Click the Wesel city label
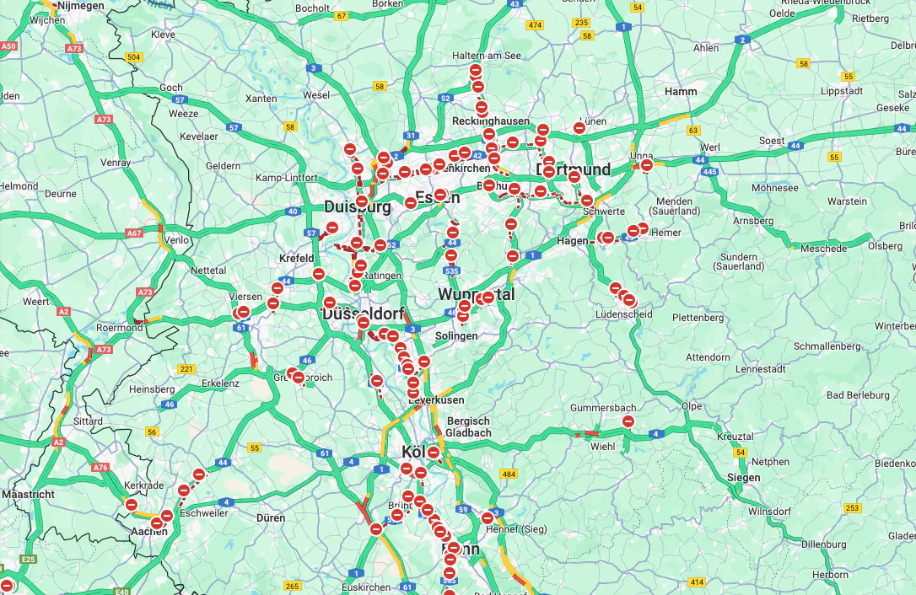pos(316,95)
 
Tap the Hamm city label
pos(681,91)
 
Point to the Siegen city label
pos(743,477)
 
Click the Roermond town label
pos(121,328)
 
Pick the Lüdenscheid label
pos(623,314)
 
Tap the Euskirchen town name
pos(366,587)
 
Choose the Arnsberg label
pos(754,221)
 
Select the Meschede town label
pos(823,249)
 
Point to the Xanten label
pos(261,99)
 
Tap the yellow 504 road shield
pos(132,57)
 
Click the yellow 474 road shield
pos(535,25)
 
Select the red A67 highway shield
pos(134,233)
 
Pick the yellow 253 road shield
pos(853,507)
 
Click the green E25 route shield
pos(30,559)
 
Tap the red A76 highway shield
pos(100,467)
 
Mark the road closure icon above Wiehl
pos(628,421)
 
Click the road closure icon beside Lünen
pos(579,128)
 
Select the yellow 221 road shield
pos(186,369)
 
